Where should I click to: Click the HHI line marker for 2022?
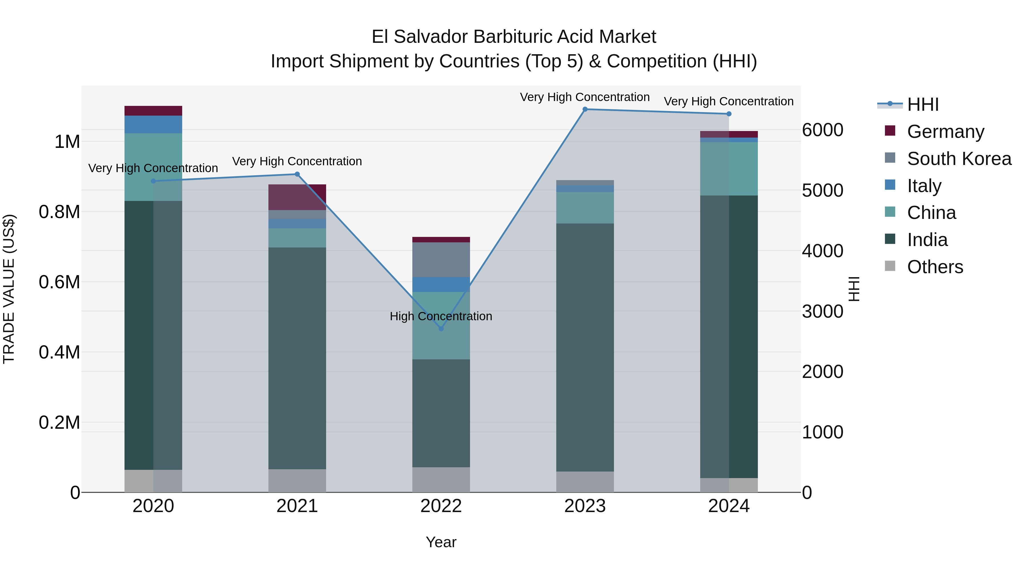coord(441,329)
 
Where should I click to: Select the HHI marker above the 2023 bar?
coord(585,109)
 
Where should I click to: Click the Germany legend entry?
coord(945,132)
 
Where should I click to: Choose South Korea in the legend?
coord(959,159)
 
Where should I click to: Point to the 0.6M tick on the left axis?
coord(59,282)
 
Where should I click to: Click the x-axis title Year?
coord(441,542)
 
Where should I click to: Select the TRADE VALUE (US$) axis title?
coord(9,289)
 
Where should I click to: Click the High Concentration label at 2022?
coord(441,316)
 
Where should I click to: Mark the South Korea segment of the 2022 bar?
coord(441,260)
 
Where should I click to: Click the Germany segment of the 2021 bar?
coord(297,197)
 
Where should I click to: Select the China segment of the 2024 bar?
coord(729,169)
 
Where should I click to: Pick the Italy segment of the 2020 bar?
coord(153,124)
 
